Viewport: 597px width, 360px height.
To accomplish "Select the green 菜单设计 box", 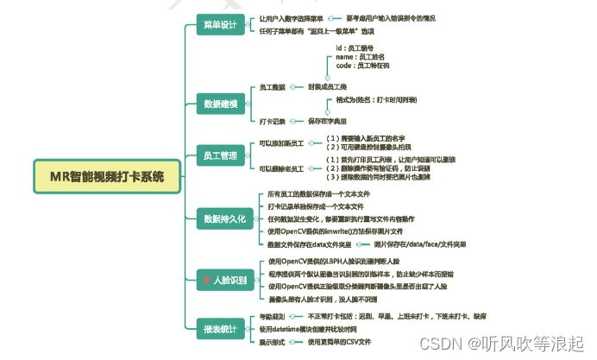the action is tap(219, 24).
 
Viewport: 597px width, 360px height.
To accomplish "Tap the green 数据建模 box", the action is tap(220, 104).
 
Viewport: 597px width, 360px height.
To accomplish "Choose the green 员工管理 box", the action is tap(219, 155).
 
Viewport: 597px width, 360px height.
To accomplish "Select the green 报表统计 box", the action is tap(220, 329).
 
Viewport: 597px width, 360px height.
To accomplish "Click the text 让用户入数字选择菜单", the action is tap(292, 18).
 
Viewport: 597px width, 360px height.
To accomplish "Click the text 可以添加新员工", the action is tap(281, 142).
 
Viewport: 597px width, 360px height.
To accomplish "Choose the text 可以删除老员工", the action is tap(281, 168).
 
